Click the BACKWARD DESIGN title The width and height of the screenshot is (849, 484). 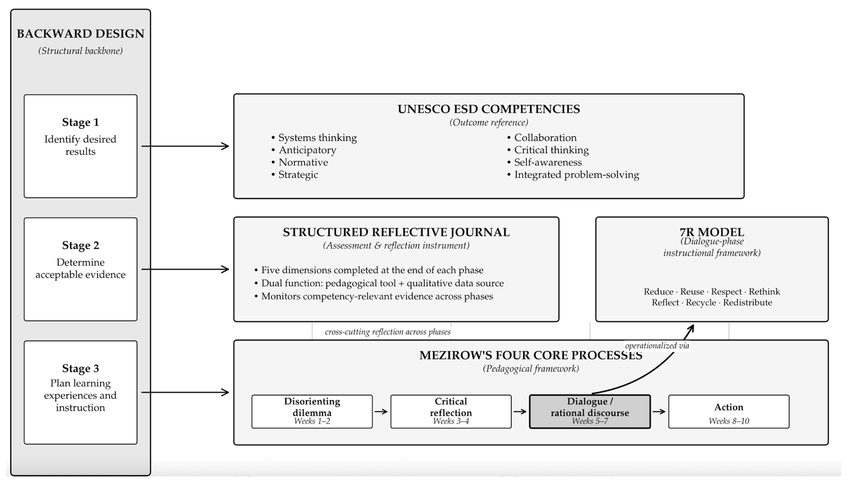tap(80, 34)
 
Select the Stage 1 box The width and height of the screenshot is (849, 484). tap(80, 146)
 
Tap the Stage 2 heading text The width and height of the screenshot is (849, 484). tap(80, 245)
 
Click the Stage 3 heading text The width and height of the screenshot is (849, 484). tap(80, 368)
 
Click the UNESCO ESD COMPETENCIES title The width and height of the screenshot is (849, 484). tap(489, 109)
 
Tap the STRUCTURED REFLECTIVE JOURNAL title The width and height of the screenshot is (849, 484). tap(396, 232)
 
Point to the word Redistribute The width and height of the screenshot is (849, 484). tap(748, 302)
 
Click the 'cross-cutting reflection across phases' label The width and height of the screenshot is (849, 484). tap(388, 332)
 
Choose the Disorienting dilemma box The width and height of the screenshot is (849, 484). tap(312, 411)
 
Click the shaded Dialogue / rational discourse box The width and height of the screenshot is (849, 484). tap(590, 411)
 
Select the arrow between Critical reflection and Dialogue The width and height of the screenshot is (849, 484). tap(520, 411)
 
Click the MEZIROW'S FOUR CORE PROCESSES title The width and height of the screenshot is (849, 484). tap(531, 355)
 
